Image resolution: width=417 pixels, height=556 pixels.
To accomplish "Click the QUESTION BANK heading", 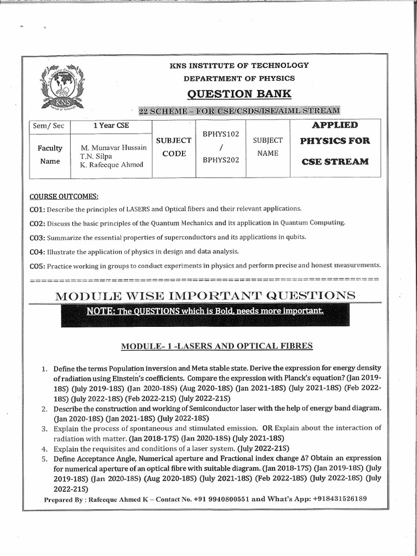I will coord(239,94).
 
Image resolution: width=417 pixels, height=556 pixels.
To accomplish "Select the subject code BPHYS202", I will coord(220,160).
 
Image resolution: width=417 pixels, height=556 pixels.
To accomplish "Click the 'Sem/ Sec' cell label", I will coord(49,126).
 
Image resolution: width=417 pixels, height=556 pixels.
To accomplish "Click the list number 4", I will coord(46,449).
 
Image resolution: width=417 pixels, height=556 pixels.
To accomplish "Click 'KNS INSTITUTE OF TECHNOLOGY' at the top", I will coord(239,65).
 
